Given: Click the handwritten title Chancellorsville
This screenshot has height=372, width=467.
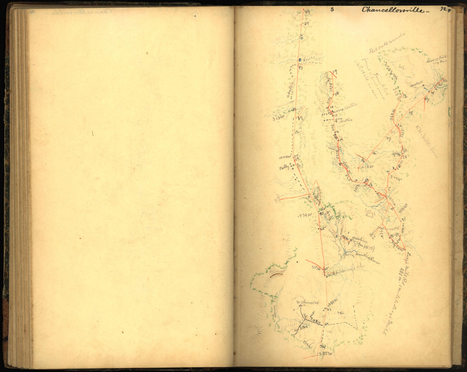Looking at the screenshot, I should [392, 10].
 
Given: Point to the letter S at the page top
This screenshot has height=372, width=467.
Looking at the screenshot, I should [332, 8].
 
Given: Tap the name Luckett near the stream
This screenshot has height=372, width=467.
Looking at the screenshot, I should [415, 84].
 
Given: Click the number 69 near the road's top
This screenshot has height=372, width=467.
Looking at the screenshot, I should [306, 25].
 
